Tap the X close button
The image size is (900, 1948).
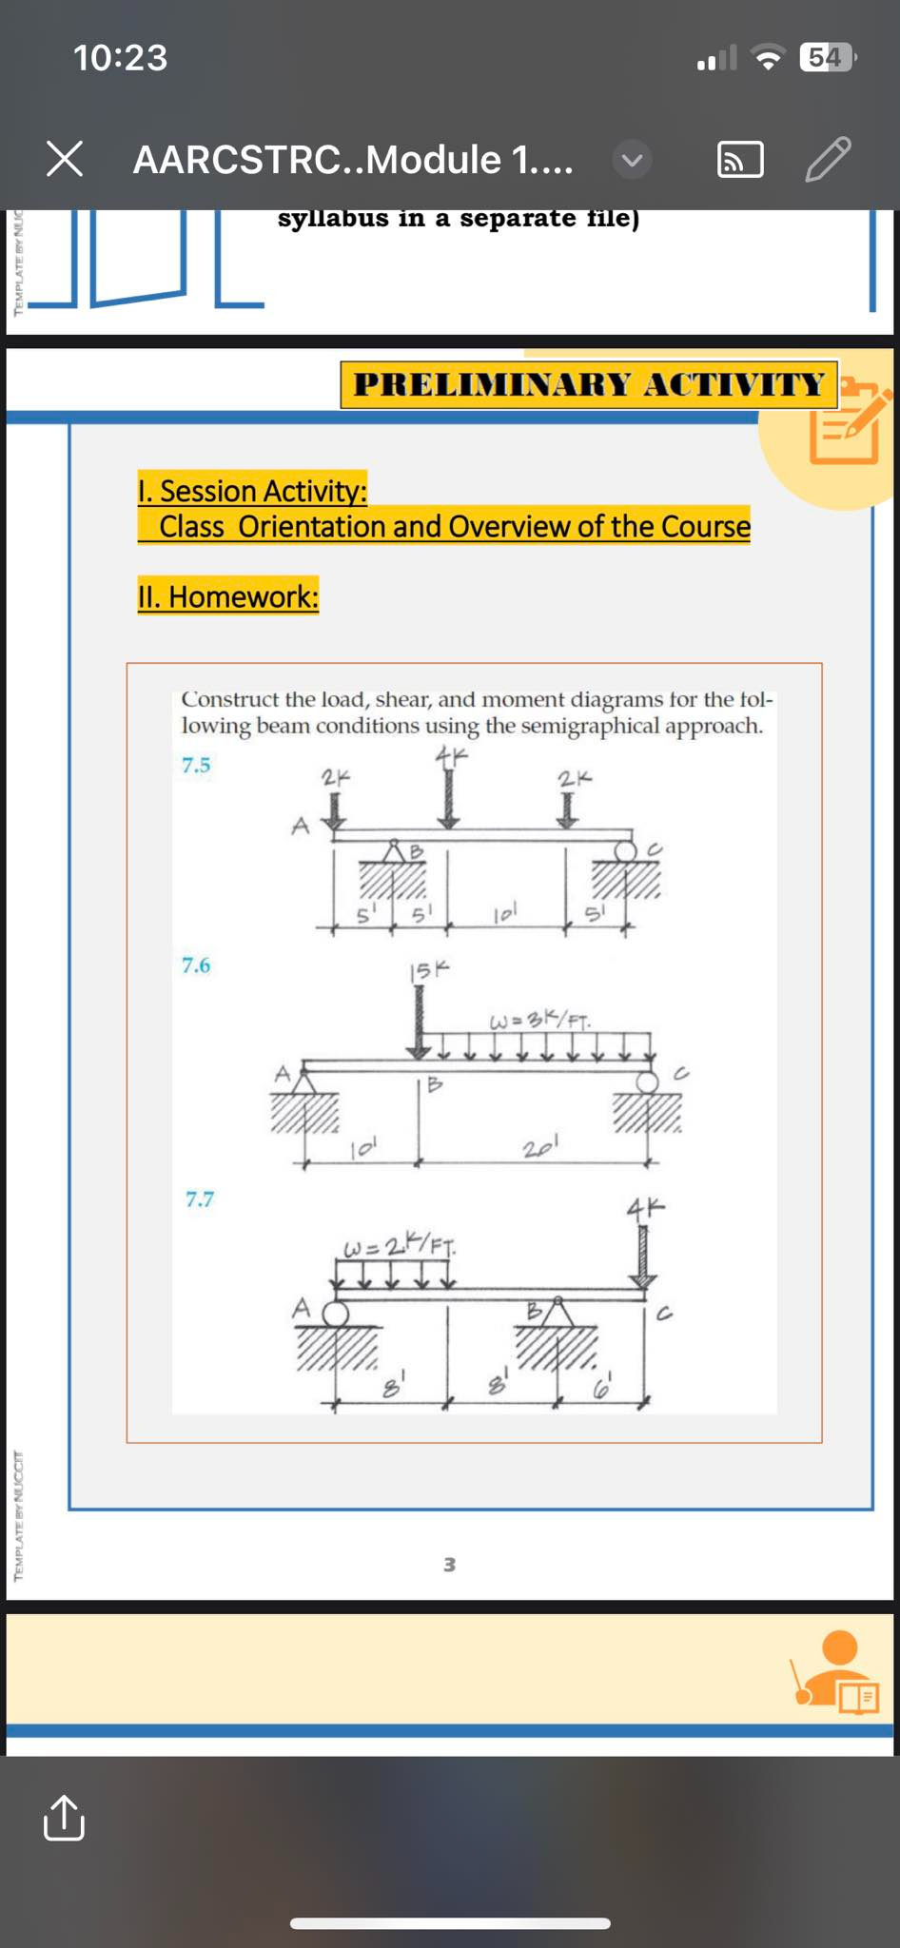[65, 159]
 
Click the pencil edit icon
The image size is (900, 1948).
[827, 159]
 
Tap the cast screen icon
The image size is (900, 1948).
[739, 160]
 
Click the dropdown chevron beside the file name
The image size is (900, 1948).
[632, 160]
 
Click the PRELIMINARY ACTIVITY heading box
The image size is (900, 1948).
[589, 384]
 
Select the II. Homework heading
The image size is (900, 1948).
[227, 596]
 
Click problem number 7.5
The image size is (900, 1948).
[196, 766]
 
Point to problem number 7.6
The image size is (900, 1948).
[196, 965]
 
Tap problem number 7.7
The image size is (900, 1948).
[199, 1199]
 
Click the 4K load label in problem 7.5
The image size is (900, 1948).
[452, 757]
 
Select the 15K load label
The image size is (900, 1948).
[428, 971]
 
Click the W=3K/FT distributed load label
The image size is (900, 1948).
[539, 1022]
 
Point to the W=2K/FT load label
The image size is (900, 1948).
[399, 1244]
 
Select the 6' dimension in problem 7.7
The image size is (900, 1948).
[602, 1389]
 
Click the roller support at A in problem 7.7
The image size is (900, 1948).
[335, 1315]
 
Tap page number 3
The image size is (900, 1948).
[449, 1565]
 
